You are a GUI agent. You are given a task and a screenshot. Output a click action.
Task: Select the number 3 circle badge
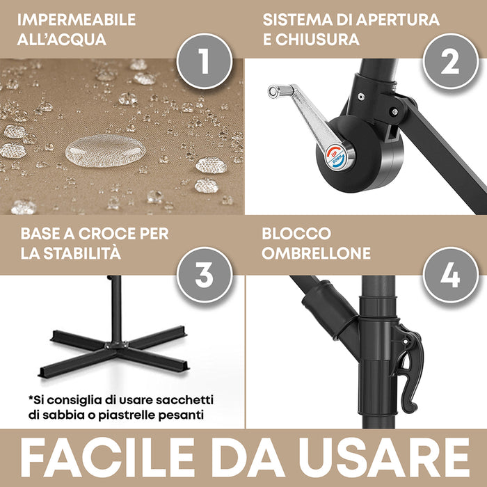pos(204,275)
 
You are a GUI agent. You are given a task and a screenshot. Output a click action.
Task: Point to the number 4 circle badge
pos(450,275)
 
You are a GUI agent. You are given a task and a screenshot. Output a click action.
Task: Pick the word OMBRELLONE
pos(317,253)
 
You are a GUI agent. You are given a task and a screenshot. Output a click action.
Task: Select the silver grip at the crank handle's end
pos(282,90)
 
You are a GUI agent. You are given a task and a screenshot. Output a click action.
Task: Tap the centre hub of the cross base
pos(115,345)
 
